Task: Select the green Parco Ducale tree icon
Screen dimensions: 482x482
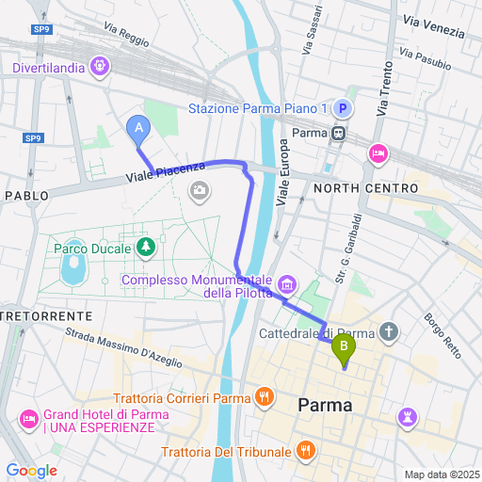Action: (145, 248)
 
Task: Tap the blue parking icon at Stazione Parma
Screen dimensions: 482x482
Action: (344, 109)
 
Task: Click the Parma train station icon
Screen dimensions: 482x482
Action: (337, 133)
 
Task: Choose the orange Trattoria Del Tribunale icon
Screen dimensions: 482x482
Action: (305, 452)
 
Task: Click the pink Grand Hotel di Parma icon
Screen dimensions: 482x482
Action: (28, 417)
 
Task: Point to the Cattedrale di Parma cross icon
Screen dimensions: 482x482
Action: (391, 332)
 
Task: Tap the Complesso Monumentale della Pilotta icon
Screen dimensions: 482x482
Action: (287, 283)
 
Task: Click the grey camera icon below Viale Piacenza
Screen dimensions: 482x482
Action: (200, 193)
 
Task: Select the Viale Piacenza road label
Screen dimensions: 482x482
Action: (167, 171)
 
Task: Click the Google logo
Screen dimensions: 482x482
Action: (31, 471)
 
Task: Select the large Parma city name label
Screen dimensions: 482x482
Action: (325, 406)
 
